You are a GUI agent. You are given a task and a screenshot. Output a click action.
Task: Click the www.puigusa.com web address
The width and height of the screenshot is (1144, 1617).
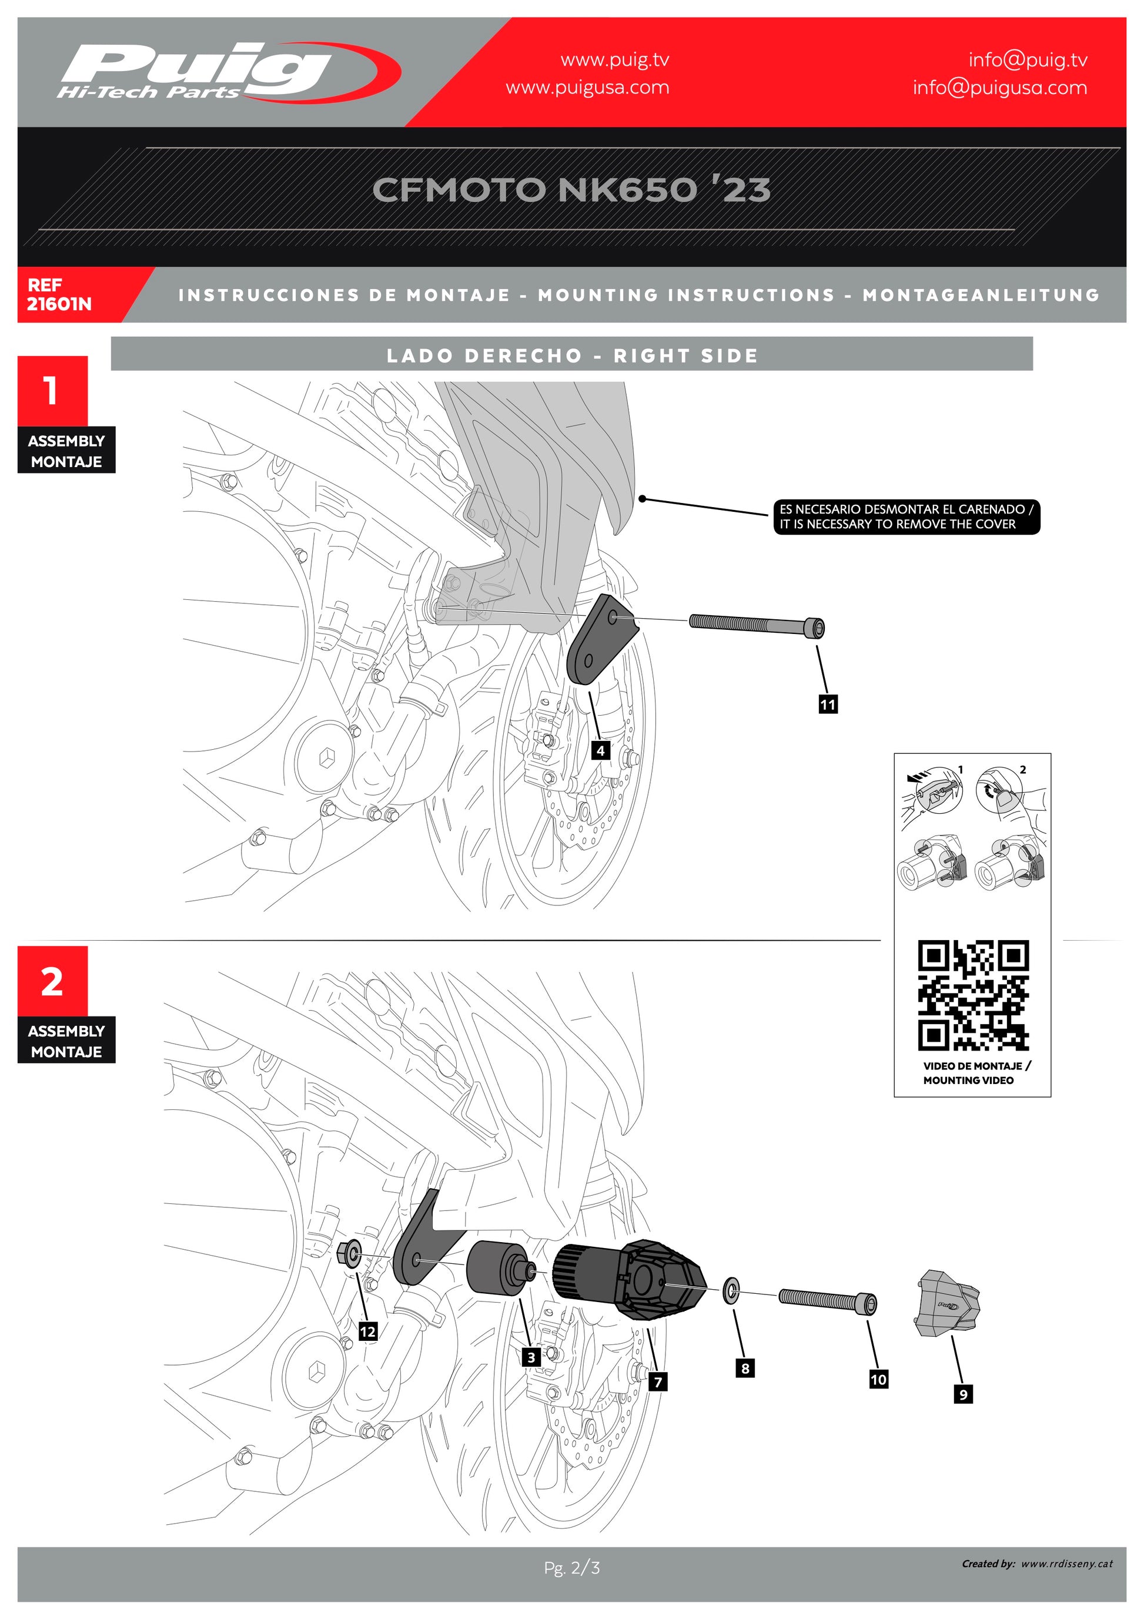pyautogui.click(x=587, y=88)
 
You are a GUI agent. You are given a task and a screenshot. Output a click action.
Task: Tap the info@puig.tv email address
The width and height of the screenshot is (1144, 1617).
pyautogui.click(x=1027, y=61)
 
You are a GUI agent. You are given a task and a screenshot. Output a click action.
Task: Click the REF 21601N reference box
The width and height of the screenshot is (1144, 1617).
pyautogui.click(x=59, y=294)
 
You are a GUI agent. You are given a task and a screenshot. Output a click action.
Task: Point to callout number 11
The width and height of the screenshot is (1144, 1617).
pyautogui.click(x=828, y=704)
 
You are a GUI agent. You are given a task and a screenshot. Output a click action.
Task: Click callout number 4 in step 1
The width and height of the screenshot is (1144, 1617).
pyautogui.click(x=600, y=750)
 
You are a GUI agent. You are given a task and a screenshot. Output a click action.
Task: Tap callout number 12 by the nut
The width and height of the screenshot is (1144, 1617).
pyautogui.click(x=367, y=1331)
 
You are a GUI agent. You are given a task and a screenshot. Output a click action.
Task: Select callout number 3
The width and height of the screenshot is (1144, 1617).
pyautogui.click(x=531, y=1357)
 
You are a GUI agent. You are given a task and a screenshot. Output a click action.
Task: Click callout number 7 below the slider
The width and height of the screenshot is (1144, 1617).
pyautogui.click(x=658, y=1381)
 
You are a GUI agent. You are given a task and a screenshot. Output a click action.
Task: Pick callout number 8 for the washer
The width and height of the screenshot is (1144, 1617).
pyautogui.click(x=745, y=1368)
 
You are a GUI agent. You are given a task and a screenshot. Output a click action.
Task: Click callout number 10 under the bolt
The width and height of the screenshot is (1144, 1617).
pyautogui.click(x=878, y=1379)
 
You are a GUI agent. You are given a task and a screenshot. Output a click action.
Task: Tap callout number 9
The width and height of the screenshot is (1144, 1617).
pyautogui.click(x=963, y=1393)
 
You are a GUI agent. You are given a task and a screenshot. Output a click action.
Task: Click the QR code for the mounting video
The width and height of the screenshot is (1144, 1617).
pyautogui.click(x=973, y=995)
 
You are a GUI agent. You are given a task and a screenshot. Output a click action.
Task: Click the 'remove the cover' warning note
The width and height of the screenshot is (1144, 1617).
pyautogui.click(x=906, y=516)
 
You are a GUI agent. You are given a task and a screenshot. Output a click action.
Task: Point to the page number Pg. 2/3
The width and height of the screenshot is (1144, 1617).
pyautogui.click(x=571, y=1567)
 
